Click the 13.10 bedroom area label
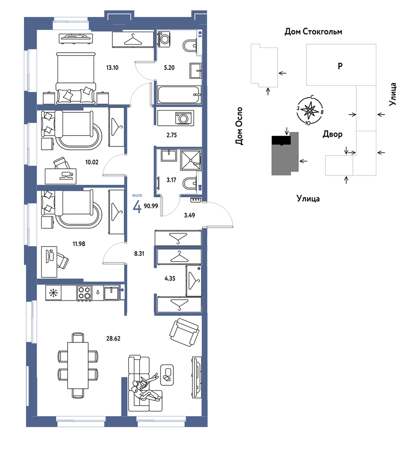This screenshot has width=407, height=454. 112,68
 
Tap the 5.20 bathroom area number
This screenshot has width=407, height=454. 169,68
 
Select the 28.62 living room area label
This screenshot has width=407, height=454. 113,338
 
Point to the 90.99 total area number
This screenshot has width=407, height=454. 151,206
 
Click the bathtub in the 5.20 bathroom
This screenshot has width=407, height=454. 179,94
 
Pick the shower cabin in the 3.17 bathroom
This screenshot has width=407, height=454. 191,160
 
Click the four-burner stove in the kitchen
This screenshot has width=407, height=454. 84,293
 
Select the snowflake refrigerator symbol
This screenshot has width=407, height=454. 53,293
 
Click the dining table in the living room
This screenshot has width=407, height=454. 78,365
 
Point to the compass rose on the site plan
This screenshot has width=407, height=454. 310,110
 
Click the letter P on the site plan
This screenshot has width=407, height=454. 340,66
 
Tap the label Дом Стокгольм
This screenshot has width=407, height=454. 313,31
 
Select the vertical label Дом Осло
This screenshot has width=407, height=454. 239,126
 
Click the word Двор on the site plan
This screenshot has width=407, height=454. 332,134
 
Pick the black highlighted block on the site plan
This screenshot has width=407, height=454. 281,140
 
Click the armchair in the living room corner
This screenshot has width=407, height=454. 184,332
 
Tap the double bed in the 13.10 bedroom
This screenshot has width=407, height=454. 76,78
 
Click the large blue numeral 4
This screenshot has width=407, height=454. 137,207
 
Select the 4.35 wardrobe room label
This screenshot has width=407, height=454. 170,279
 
